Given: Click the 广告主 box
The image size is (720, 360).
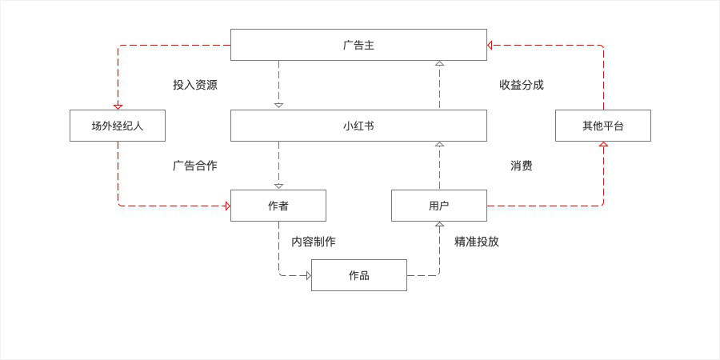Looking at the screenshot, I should click(x=358, y=45).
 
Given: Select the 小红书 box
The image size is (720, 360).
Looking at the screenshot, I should click(x=358, y=126).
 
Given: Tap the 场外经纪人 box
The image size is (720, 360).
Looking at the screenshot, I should click(x=118, y=126).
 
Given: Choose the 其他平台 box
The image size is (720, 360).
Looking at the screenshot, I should click(x=603, y=126).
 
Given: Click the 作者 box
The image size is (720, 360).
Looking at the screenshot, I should click(x=278, y=206).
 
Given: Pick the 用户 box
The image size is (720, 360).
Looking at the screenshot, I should click(x=439, y=206).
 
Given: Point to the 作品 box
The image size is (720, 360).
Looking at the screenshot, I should click(x=359, y=275).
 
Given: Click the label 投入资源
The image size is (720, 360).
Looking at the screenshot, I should click(x=195, y=85).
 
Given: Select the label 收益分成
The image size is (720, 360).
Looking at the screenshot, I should click(x=522, y=85).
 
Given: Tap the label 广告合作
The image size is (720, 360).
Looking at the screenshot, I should click(x=195, y=166).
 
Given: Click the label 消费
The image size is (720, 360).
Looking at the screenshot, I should click(x=522, y=166).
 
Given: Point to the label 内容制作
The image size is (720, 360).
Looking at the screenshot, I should click(x=314, y=242).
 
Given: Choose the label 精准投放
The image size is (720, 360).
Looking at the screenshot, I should click(x=477, y=242).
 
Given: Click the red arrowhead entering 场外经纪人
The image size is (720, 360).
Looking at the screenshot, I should click(x=118, y=106).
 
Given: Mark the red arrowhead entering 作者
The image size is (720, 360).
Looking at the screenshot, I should click(x=227, y=206).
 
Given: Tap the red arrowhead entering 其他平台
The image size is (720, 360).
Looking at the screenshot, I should click(x=603, y=145).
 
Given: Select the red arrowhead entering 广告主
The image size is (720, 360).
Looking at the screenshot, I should click(x=490, y=45).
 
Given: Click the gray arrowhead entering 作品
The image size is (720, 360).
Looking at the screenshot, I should click(x=308, y=275).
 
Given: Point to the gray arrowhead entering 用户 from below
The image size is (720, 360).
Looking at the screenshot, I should click(x=439, y=225).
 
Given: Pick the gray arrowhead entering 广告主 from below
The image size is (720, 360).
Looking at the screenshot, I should click(x=439, y=63).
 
